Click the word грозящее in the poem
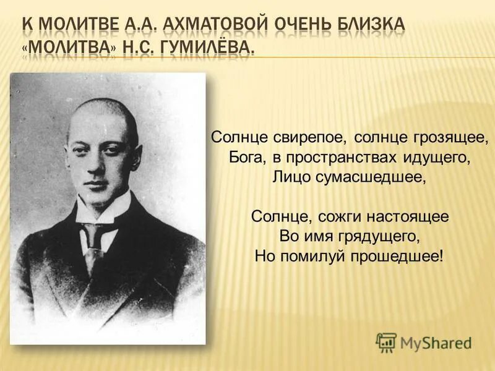pos(436,136)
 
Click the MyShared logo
pos(423,343)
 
